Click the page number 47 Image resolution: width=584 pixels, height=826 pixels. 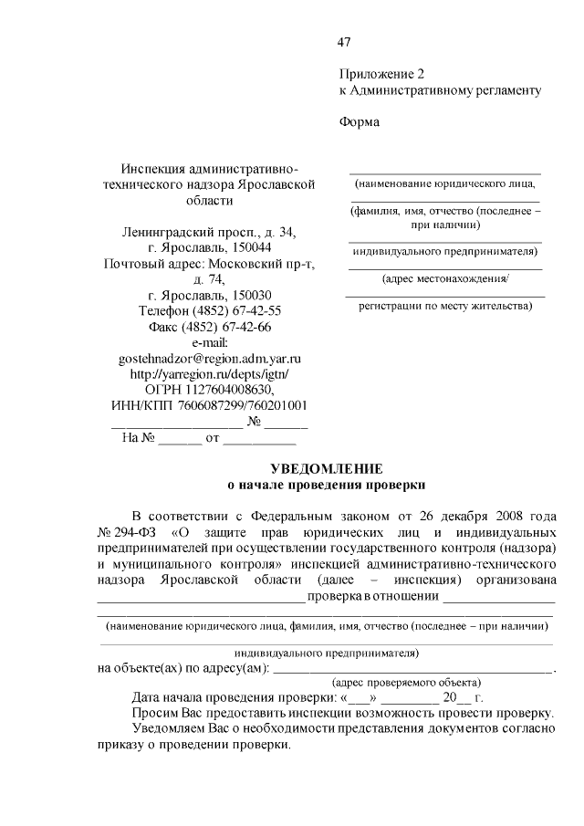(x=344, y=42)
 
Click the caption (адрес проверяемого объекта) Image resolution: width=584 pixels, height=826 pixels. (x=406, y=682)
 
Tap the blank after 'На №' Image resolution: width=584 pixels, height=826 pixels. (x=180, y=439)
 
